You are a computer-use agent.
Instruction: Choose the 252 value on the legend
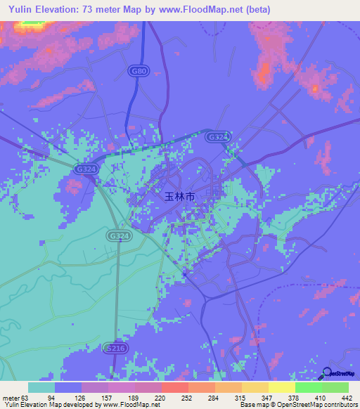point(179,397)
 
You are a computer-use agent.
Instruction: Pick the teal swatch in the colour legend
point(41,387)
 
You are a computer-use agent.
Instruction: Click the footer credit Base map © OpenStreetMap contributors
point(298,405)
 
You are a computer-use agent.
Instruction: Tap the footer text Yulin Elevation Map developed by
point(51,405)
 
